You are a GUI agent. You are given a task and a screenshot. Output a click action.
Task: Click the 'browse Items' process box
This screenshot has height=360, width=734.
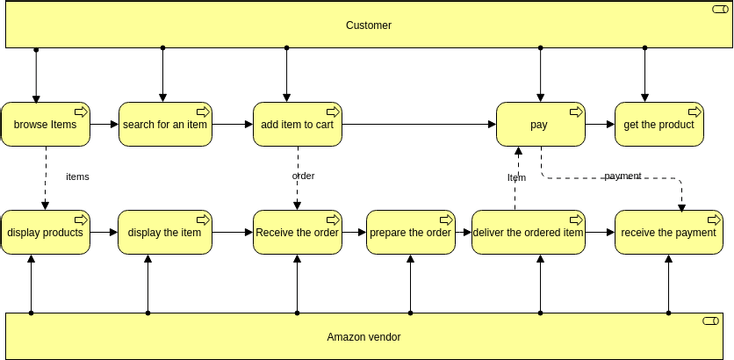pyautogui.click(x=45, y=125)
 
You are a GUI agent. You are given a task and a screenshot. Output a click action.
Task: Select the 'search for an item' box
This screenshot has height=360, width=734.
pyautogui.click(x=165, y=125)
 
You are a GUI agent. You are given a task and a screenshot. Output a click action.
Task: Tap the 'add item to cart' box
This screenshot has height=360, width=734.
pyautogui.click(x=297, y=125)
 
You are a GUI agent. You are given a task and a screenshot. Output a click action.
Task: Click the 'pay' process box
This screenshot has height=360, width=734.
pyautogui.click(x=540, y=125)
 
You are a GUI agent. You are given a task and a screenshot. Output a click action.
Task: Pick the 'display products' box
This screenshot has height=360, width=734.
pyautogui.click(x=45, y=232)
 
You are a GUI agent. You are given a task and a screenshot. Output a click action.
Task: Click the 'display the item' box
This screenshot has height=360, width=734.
pyautogui.click(x=165, y=232)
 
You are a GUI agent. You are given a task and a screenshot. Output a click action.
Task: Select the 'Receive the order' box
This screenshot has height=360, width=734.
pyautogui.click(x=297, y=232)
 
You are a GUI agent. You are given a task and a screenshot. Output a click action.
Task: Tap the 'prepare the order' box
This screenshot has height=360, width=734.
pyautogui.click(x=411, y=232)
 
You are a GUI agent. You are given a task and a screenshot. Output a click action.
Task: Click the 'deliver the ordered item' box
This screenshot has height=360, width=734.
pyautogui.click(x=527, y=232)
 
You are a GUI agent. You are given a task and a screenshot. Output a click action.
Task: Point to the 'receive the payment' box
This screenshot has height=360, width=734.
pyautogui.click(x=668, y=232)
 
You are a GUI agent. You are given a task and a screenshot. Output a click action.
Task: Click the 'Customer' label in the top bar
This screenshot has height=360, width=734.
pyautogui.click(x=368, y=25)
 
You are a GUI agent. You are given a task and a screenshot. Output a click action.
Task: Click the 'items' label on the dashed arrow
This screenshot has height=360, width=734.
pyautogui.click(x=77, y=176)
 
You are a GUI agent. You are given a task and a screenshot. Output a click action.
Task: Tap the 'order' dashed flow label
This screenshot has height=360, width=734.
pyautogui.click(x=303, y=176)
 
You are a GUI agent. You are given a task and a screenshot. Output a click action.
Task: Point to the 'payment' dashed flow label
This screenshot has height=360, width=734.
pyautogui.click(x=622, y=176)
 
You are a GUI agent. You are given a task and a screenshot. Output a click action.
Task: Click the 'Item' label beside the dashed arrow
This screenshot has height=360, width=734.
pyautogui.click(x=516, y=177)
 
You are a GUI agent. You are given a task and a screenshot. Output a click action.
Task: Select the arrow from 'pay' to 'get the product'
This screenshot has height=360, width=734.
pyautogui.click(x=598, y=125)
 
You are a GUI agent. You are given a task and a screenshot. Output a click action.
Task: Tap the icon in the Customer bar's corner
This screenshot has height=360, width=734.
pyautogui.click(x=719, y=9)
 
